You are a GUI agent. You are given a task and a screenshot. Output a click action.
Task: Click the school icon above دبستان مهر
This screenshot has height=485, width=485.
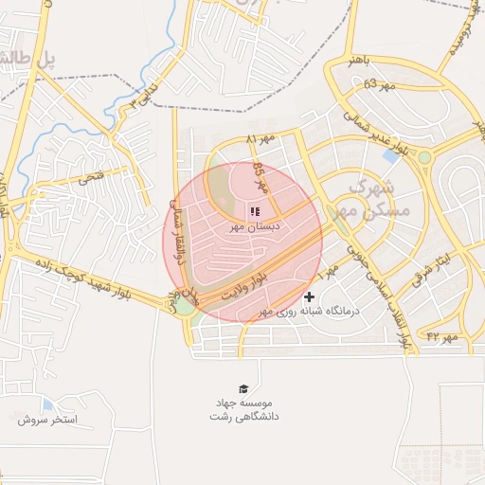click(x=254, y=210)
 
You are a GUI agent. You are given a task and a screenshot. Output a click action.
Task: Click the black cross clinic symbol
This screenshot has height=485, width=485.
click(x=310, y=296)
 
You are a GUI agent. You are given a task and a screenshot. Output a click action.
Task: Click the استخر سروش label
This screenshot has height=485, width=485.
click(x=46, y=419)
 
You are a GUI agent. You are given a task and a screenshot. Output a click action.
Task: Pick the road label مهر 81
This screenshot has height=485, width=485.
click(x=260, y=140)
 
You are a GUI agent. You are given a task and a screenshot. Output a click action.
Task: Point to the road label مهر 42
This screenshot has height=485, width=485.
click(x=441, y=336)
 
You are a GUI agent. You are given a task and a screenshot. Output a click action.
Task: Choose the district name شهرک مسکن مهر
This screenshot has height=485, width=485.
click(x=377, y=197)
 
